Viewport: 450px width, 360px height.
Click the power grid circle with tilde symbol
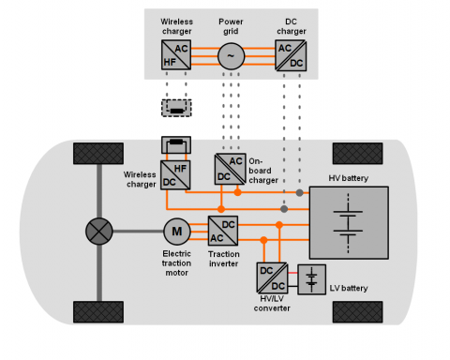click(x=231, y=56)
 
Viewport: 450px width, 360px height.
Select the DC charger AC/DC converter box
click(x=291, y=55)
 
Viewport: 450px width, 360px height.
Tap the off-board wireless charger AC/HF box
click(x=176, y=54)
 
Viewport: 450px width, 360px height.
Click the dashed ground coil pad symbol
click(x=176, y=108)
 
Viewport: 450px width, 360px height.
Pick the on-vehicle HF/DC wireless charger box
click(x=175, y=175)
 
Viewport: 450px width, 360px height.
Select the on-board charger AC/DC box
click(x=230, y=169)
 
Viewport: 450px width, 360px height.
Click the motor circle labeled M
click(x=177, y=232)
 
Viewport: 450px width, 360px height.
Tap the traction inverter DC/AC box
click(x=223, y=231)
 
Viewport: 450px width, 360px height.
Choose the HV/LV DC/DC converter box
click(x=272, y=278)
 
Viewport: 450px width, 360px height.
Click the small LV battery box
click(x=311, y=279)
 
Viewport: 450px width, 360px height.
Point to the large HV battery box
click(x=349, y=223)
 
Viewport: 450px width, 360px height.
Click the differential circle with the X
click(x=99, y=232)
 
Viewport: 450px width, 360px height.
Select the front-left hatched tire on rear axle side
click(x=98, y=154)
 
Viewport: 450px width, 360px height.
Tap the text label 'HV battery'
click(x=349, y=178)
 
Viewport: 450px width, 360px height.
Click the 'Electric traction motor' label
click(x=176, y=263)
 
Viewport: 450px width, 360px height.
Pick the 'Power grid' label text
click(x=231, y=26)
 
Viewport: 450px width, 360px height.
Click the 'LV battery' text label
click(x=349, y=288)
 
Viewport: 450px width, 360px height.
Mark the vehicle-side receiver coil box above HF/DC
click(x=176, y=144)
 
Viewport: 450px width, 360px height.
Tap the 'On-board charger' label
click(x=263, y=171)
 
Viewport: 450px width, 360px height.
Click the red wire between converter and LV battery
click(x=292, y=273)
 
